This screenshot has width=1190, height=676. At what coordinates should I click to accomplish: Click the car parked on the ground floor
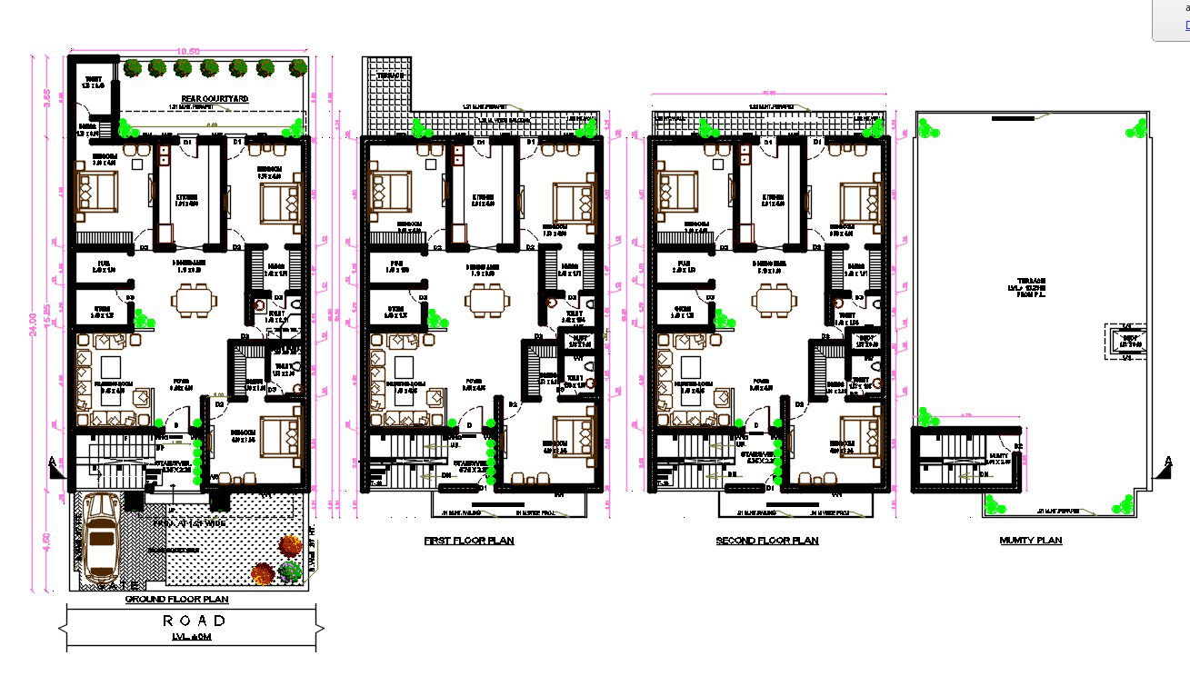101,542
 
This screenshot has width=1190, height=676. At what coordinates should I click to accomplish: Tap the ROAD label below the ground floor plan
194,621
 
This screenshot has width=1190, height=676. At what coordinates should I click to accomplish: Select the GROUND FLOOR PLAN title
176,600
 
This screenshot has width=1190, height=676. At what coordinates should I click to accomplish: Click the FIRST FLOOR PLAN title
469,541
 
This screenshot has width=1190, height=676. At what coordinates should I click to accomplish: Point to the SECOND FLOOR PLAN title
766,541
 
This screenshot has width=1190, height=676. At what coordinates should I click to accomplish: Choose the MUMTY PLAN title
1030,541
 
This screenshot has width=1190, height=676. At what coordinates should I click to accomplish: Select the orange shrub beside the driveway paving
289,545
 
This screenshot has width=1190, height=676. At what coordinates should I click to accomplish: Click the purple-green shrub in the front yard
290,572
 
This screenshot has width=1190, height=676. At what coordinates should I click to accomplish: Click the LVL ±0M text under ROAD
191,638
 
